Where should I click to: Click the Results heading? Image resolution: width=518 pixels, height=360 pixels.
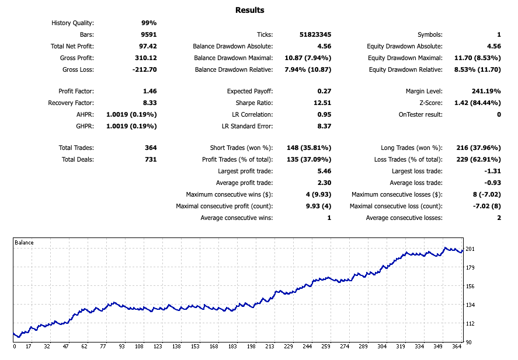point(249,10)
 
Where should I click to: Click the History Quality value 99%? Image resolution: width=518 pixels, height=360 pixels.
point(149,23)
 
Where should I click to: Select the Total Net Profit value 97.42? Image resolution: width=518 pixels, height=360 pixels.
point(147,46)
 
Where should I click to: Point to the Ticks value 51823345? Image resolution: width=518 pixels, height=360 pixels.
point(314,34)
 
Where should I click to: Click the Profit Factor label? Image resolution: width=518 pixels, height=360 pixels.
point(76,91)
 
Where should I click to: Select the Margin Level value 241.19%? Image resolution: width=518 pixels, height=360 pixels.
point(486,91)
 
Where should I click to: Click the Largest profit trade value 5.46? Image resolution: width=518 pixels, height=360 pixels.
point(324,171)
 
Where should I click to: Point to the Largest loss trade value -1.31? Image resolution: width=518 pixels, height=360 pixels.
point(492,171)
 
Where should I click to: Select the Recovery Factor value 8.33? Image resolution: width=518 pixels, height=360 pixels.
point(150,103)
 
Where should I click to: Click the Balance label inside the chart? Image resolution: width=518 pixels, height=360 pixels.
point(25,243)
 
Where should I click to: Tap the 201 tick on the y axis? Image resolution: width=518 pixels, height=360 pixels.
point(470,249)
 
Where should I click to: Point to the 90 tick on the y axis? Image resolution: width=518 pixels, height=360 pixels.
point(468,342)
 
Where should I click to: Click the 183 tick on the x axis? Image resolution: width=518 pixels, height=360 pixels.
point(232,346)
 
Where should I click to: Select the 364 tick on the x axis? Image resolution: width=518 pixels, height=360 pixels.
point(456,346)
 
